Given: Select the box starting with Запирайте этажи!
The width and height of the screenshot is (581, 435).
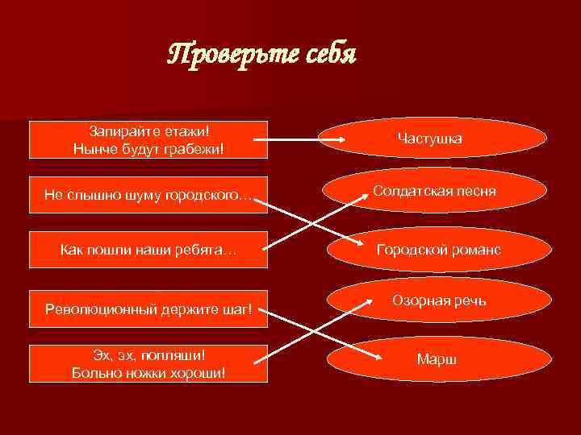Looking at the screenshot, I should click(148, 139).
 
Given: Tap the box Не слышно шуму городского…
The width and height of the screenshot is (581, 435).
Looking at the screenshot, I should click(148, 196).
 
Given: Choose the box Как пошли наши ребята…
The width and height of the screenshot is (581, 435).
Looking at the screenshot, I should click(148, 251).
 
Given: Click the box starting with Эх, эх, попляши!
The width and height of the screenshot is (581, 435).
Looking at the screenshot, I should click(148, 363).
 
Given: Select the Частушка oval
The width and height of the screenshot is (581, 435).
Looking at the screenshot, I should click(429, 139).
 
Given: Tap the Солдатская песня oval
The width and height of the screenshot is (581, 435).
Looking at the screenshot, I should click(434, 192).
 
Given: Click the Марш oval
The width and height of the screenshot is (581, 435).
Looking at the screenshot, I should click(437, 358).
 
